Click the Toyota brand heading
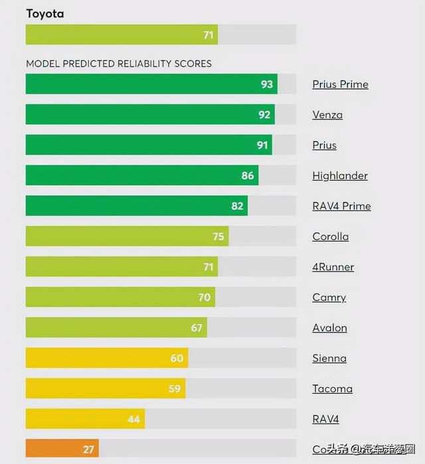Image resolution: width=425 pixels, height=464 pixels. point(44,13)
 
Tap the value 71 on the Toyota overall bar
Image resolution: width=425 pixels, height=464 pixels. point(209,35)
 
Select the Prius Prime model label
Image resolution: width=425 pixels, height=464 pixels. point(340,84)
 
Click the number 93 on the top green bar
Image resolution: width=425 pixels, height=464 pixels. point(267,84)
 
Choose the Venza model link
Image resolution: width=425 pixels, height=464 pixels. point(327,115)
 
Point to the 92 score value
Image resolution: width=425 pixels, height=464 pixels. point(264,115)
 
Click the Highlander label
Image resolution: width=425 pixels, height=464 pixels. point(340,176)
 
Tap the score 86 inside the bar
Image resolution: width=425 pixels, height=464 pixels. point(248,176)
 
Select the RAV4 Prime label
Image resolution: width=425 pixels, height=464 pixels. point(341,206)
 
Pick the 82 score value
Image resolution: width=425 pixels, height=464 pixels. point(237,206)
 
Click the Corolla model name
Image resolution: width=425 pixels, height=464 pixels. point(330,237)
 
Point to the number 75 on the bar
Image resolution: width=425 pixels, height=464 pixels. point(218,237)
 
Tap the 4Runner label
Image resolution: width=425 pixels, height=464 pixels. point(333,268)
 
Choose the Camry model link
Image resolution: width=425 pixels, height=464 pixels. point(329,298)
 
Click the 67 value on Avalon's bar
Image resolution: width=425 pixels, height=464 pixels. point(197,329)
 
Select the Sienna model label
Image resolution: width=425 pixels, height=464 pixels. point(329,359)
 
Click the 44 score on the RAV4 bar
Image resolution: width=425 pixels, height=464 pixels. point(134,420)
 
